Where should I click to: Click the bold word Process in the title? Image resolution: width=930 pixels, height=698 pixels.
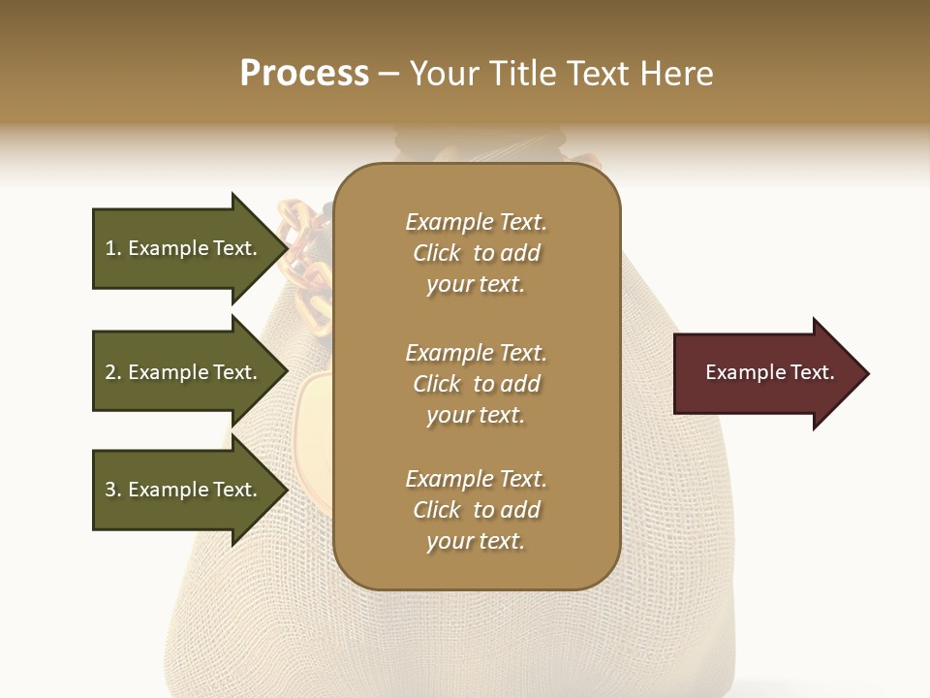(304, 74)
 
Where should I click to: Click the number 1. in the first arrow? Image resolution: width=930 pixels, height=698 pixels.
(113, 248)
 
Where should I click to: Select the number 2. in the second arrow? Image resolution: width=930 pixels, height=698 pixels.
(113, 372)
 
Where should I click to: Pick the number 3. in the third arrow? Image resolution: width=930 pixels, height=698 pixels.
(113, 490)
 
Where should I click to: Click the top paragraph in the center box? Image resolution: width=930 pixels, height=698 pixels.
(477, 253)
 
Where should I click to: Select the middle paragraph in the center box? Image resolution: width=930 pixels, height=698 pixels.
(477, 384)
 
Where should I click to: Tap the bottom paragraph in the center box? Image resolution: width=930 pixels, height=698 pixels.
(477, 510)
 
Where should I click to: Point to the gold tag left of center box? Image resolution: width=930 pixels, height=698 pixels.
(316, 417)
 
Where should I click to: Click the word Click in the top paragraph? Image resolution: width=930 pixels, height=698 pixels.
(436, 253)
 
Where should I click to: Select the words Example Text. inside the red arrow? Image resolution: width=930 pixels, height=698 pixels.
(769, 372)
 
